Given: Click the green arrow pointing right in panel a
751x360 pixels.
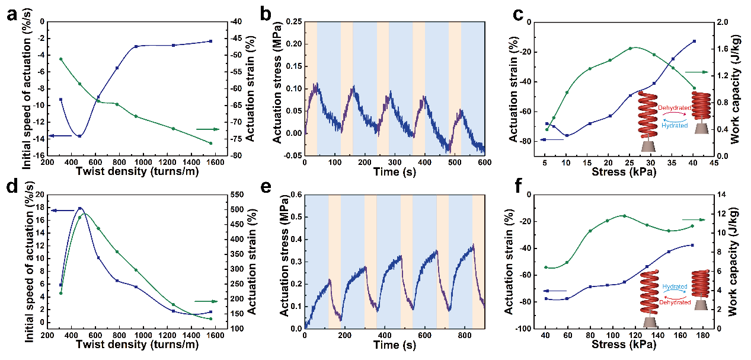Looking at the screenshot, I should [207, 129].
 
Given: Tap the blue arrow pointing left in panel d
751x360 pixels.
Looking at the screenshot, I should [62, 211].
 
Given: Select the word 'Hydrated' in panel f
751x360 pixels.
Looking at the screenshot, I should [675, 286].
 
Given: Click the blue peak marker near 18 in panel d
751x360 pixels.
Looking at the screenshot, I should [79, 208].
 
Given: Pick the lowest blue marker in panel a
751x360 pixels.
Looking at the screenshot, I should [79, 136].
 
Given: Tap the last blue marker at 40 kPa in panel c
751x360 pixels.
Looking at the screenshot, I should [694, 42].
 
